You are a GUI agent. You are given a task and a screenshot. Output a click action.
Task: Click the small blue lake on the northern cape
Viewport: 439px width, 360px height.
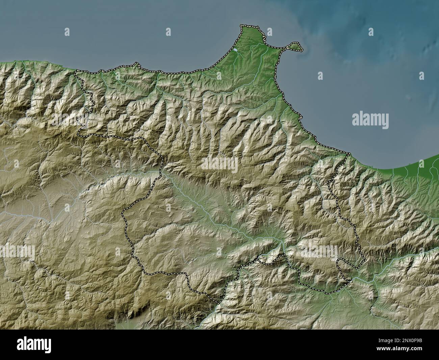pyautogui.click(x=235, y=50)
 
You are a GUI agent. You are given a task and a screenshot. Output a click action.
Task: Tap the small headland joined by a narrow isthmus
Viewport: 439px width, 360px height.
pyautogui.click(x=296, y=46)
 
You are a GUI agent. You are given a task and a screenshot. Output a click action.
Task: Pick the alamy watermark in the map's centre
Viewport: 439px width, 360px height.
pyautogui.click(x=219, y=164)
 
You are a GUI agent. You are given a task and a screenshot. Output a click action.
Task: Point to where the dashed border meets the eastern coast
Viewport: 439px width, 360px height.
pyautogui.click(x=348, y=154)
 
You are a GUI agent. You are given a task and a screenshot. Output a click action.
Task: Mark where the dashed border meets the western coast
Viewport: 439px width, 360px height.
pyautogui.click(x=76, y=71)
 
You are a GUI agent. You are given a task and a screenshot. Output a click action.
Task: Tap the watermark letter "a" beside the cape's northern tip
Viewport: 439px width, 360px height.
pyautogui.click(x=270, y=32)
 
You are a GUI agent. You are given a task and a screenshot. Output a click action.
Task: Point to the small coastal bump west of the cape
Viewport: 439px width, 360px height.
pyautogui.click(x=136, y=63)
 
